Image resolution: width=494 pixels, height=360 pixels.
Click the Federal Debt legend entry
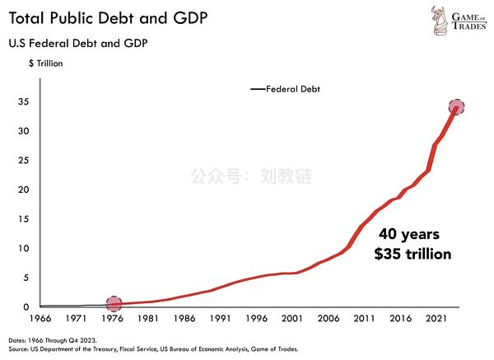click(x=287, y=88)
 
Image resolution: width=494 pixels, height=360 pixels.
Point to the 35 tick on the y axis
click(x=26, y=102)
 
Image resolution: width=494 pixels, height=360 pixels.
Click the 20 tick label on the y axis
click(x=26, y=190)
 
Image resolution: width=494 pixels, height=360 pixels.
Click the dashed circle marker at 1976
click(x=114, y=304)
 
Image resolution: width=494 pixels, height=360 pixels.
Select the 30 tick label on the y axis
click(x=26, y=132)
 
